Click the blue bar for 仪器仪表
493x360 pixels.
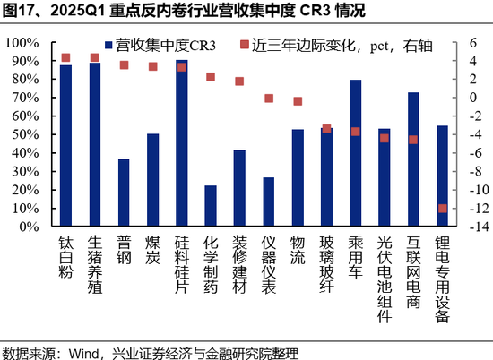269,202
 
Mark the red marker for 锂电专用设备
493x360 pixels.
443,209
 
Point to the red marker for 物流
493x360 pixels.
298,101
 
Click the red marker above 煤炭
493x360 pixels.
153,66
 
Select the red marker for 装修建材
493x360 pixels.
239,81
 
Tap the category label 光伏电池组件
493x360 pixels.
385,272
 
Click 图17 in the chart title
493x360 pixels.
19,12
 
